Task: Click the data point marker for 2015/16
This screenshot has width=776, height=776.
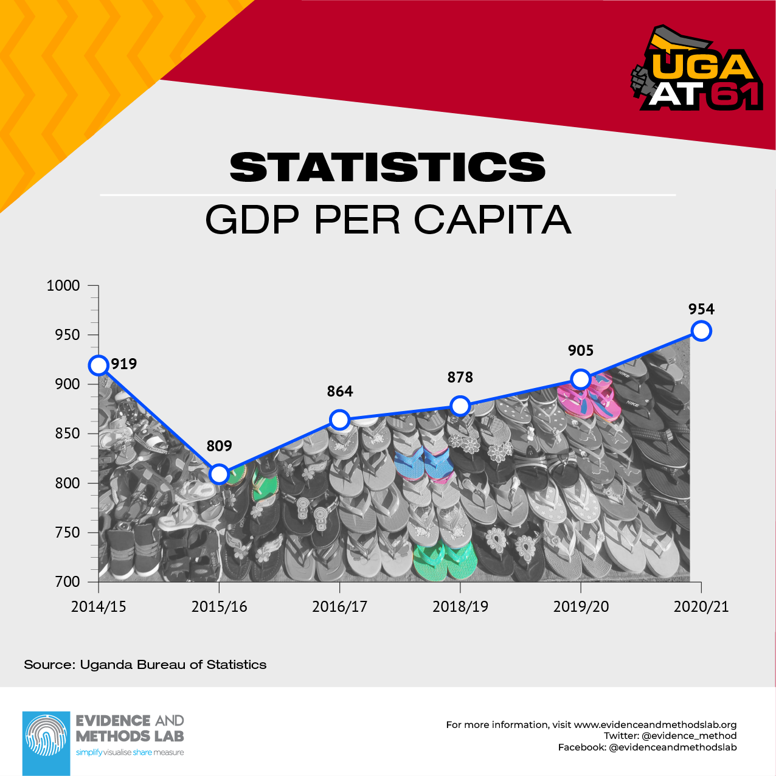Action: pyautogui.click(x=219, y=474)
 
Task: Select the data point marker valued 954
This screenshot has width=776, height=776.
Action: pyautogui.click(x=701, y=331)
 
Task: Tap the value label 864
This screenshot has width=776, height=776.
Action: pyautogui.click(x=339, y=392)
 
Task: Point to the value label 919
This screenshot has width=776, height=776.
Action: pyautogui.click(x=124, y=364)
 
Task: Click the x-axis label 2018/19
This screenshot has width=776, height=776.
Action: pyautogui.click(x=460, y=607)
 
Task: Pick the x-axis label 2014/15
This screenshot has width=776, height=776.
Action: pyautogui.click(x=99, y=607)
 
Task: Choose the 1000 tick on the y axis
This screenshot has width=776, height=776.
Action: pyautogui.click(x=63, y=286)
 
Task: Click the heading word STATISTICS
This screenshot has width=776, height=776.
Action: pyautogui.click(x=388, y=167)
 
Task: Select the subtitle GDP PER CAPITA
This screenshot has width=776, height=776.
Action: pyautogui.click(x=388, y=220)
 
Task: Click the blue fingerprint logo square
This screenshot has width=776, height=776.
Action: pyautogui.click(x=46, y=743)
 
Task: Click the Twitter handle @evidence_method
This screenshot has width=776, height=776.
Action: pyautogui.click(x=688, y=736)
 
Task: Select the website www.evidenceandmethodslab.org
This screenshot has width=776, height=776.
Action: pyautogui.click(x=655, y=725)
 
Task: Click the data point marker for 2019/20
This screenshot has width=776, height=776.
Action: pyautogui.click(x=581, y=379)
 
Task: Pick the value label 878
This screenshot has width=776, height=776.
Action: pyautogui.click(x=460, y=378)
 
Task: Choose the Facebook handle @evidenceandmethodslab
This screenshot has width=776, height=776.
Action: pyautogui.click(x=673, y=747)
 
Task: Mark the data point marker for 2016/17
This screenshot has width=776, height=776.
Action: pyautogui.click(x=339, y=420)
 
